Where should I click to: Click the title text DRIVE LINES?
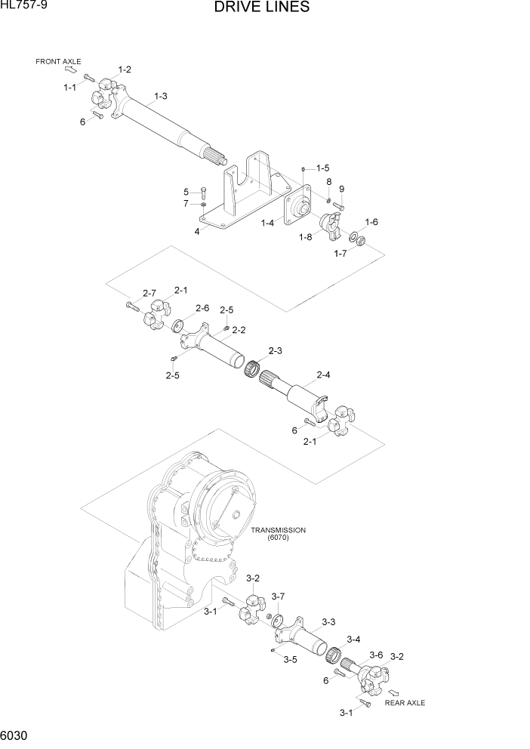tap(261, 8)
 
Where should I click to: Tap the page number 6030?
tap(16, 737)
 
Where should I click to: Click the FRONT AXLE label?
tap(58, 61)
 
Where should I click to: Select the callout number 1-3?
tap(160, 96)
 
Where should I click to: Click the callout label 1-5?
tap(322, 168)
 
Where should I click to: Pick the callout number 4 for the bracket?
tap(197, 232)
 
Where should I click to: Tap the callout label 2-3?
tap(275, 351)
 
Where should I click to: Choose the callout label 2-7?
tap(149, 293)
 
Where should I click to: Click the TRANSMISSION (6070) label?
tap(277, 533)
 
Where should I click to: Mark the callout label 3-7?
tap(278, 596)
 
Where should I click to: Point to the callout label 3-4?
tap(353, 639)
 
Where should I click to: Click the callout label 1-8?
tap(306, 238)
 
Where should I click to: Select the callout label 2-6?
tap(202, 308)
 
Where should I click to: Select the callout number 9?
tap(341, 188)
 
